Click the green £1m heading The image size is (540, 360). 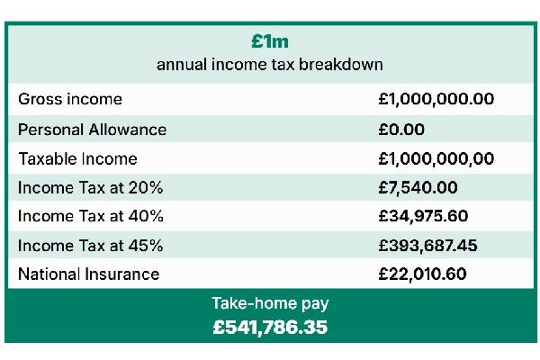pyautogui.click(x=270, y=41)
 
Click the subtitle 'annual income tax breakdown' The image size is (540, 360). pyautogui.click(x=270, y=65)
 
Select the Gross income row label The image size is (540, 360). pyautogui.click(x=70, y=99)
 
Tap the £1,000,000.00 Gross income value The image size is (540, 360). pyautogui.click(x=436, y=99)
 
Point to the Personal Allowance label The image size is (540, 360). pyautogui.click(x=93, y=129)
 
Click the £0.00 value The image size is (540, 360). pyautogui.click(x=401, y=129)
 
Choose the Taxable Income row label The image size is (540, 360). pyautogui.click(x=78, y=158)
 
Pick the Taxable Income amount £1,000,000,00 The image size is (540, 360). pyautogui.click(x=436, y=158)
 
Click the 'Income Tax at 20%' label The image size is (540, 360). pyautogui.click(x=84, y=187)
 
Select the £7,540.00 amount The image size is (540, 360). pyautogui.click(x=418, y=187)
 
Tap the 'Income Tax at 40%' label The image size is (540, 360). pyautogui.click(x=84, y=216)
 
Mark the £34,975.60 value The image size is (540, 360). pyautogui.click(x=424, y=216)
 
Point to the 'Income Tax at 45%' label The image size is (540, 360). pyautogui.click(x=84, y=245)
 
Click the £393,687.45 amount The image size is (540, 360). pyautogui.click(x=428, y=245)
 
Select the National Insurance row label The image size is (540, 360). pyautogui.click(x=89, y=274)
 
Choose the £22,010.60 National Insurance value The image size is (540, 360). pyautogui.click(x=423, y=274)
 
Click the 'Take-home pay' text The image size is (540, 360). pyautogui.click(x=270, y=303)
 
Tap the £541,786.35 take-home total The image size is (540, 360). pyautogui.click(x=270, y=327)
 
